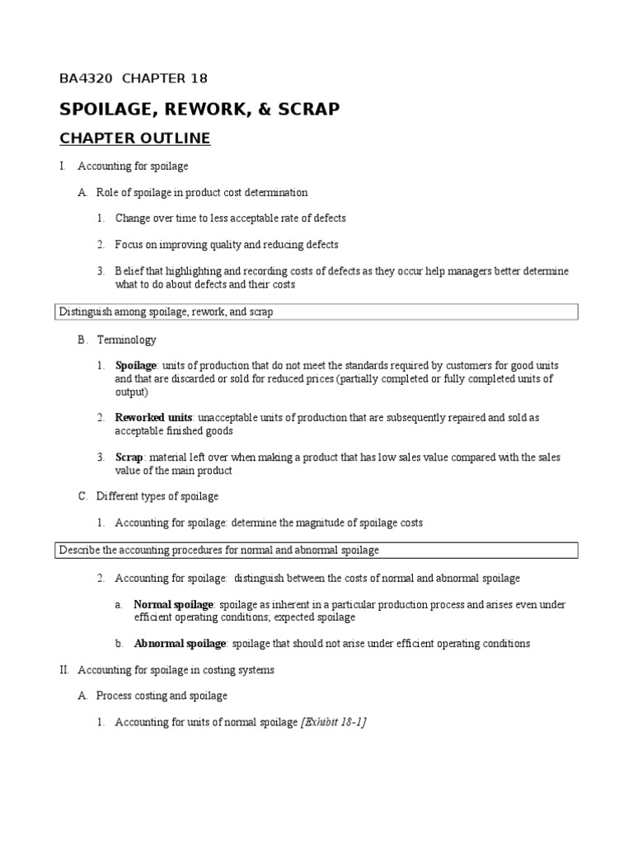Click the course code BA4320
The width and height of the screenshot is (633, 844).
click(x=87, y=79)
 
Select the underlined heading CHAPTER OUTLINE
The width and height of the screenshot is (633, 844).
click(x=134, y=138)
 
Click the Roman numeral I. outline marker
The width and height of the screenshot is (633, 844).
click(x=62, y=166)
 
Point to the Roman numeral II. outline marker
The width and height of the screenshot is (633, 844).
click(x=64, y=670)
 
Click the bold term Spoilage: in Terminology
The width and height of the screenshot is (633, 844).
click(x=137, y=365)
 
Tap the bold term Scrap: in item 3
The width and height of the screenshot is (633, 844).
click(x=130, y=457)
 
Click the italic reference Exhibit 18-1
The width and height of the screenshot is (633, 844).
click(x=334, y=723)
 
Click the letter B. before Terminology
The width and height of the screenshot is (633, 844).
click(x=82, y=340)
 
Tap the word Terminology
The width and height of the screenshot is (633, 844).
click(x=126, y=340)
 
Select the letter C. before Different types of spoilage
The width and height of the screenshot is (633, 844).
click(x=82, y=497)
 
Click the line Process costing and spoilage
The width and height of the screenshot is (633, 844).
click(x=162, y=696)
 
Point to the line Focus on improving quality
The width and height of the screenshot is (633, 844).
click(x=227, y=245)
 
